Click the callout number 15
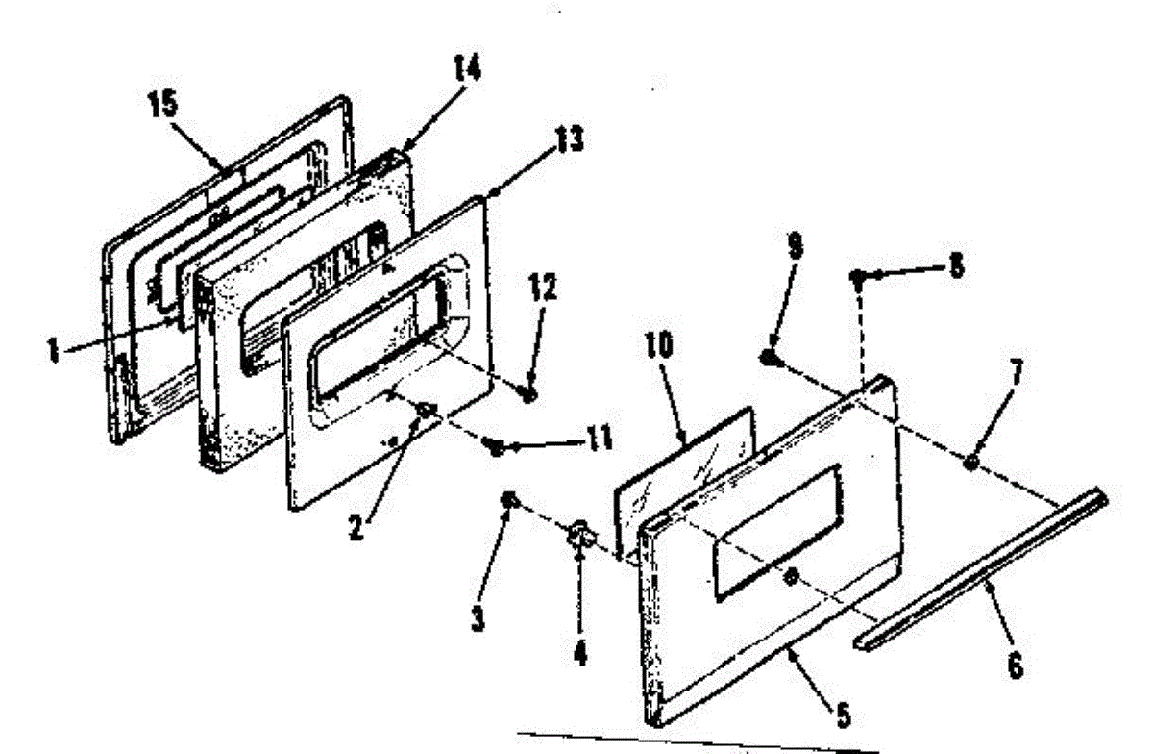[163, 104]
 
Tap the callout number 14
[467, 67]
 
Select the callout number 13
[569, 138]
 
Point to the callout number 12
[542, 288]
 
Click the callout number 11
[597, 439]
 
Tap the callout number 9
[796, 245]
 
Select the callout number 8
[956, 266]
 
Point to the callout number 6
[1015, 666]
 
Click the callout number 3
[478, 618]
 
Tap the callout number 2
[356, 527]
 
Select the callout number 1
[53, 352]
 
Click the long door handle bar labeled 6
[981, 569]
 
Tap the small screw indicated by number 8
[857, 277]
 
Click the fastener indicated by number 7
[970, 462]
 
